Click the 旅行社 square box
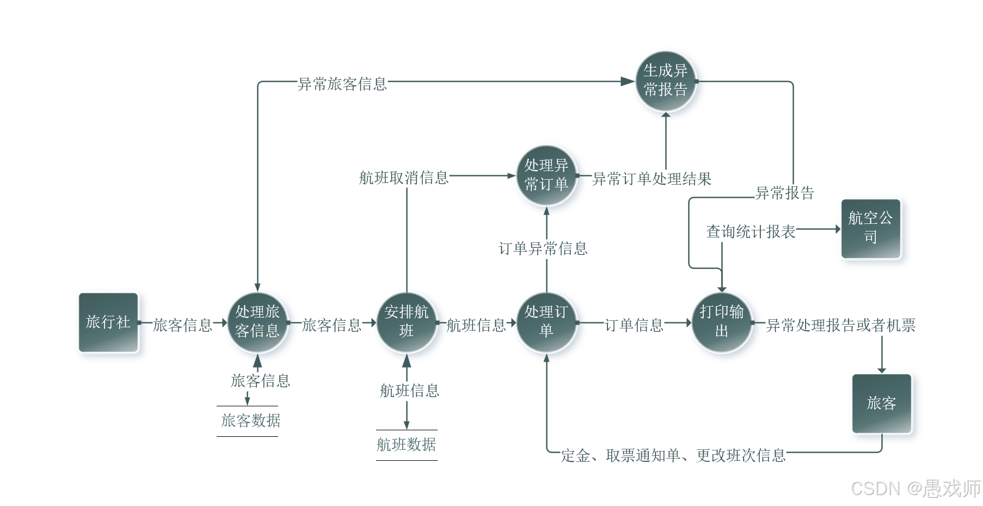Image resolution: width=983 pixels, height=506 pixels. tap(108, 322)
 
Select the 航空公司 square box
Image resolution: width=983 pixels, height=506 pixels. tap(870, 228)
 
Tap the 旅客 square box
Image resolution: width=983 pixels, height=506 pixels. tap(881, 403)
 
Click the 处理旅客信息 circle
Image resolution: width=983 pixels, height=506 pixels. tap(257, 322)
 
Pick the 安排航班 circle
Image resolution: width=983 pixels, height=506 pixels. tap(406, 322)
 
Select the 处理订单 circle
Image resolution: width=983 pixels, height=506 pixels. tap(546, 322)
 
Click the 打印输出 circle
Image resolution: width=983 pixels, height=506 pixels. tap(721, 322)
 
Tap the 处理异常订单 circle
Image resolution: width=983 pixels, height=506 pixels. tap(546, 175)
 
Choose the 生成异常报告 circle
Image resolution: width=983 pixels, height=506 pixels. tap(665, 81)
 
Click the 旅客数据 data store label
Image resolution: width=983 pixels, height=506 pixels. tap(250, 420)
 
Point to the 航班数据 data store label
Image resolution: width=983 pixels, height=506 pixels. tap(406, 444)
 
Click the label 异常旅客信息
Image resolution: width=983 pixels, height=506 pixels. tap(342, 84)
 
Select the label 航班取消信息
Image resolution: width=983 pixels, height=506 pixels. tap(403, 178)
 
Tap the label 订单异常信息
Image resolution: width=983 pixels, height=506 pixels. tap(543, 248)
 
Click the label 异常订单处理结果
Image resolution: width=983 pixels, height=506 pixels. tap(652, 179)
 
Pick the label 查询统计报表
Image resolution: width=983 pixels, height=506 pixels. tap(751, 231)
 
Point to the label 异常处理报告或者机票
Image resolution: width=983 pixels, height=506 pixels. tap(840, 325)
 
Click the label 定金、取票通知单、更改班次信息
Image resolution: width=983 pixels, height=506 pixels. tap(673, 455)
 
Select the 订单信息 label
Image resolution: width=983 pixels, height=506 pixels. tap(634, 325)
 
